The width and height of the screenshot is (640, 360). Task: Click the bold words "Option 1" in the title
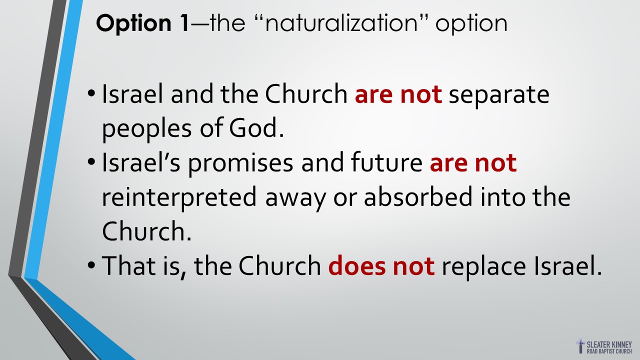(142, 23)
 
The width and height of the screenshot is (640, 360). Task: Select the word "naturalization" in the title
(341, 23)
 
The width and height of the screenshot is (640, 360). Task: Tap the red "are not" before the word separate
(398, 94)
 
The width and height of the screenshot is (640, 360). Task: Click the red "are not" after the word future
(473, 163)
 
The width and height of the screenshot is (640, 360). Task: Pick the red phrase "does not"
(381, 265)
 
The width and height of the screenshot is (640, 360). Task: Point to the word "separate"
(499, 95)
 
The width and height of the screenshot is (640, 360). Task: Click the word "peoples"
(147, 130)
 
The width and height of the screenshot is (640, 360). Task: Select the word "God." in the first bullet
(256, 127)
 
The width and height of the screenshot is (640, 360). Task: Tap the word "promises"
(240, 163)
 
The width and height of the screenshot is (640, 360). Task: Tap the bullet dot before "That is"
(91, 265)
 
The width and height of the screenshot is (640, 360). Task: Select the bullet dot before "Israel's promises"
(91, 162)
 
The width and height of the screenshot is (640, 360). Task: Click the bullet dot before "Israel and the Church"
(91, 93)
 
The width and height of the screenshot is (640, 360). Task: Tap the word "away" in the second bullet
(295, 199)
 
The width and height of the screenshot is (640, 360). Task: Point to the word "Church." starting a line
(146, 230)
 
